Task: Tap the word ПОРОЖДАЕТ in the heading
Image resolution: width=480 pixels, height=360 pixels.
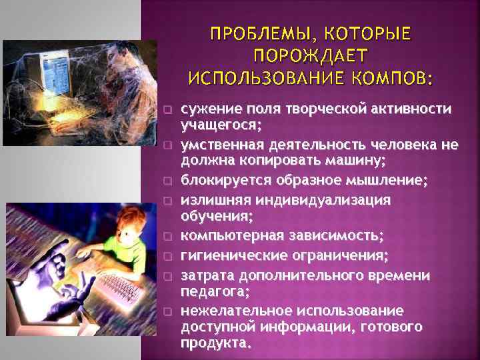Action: pos(311,55)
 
